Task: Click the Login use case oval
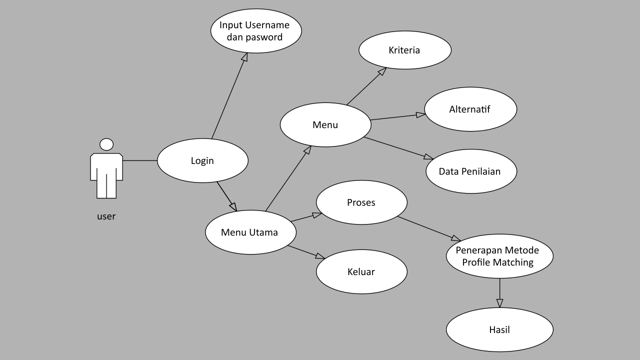point(202,160)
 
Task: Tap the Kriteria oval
point(404,50)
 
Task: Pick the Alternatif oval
point(469,109)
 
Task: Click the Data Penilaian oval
point(469,171)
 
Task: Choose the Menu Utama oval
point(250,232)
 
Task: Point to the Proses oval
point(361,202)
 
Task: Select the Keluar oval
point(361,272)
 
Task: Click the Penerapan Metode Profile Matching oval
point(499,255)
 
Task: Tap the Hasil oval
point(499,330)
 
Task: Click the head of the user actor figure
point(106,144)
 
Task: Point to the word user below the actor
point(106,216)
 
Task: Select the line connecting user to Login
point(140,160)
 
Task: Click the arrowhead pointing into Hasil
point(499,303)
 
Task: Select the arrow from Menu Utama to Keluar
point(306,252)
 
